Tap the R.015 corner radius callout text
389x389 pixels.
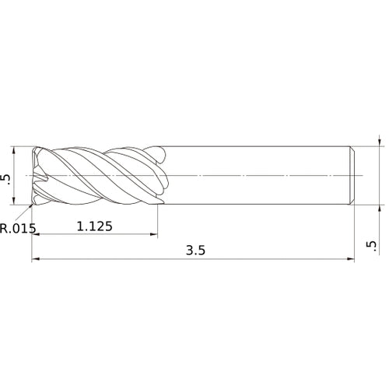point(17,228)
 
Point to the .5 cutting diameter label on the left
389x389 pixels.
point(8,177)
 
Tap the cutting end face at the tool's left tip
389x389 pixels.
point(34,176)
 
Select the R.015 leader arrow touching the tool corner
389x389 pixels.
point(32,205)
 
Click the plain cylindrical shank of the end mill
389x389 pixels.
point(257,176)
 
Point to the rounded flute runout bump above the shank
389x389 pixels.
point(159,152)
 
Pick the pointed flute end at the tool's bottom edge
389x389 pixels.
point(159,205)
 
